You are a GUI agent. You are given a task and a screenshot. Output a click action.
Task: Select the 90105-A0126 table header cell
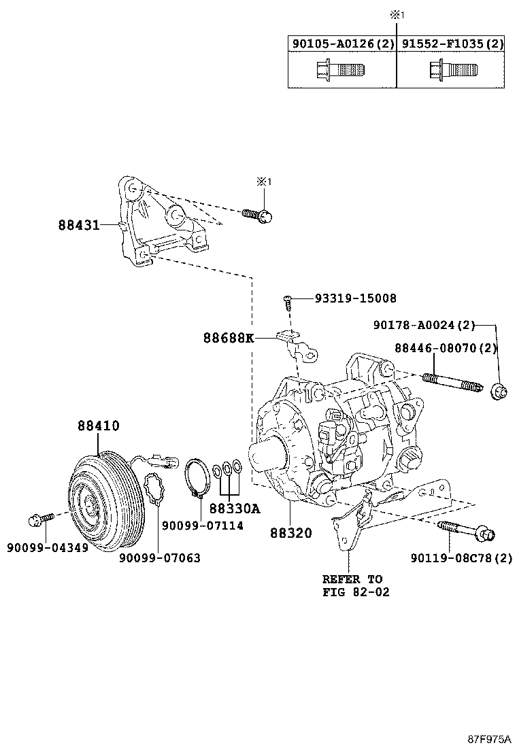(342, 44)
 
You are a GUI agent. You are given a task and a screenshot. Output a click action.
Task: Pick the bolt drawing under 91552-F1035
(452, 70)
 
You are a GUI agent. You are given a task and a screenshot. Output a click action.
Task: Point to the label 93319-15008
(355, 298)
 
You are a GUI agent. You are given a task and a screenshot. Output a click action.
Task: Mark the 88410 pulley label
(98, 426)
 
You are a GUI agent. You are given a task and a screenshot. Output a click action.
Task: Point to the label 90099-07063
(159, 557)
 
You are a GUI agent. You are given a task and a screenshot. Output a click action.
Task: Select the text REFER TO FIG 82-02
(352, 585)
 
